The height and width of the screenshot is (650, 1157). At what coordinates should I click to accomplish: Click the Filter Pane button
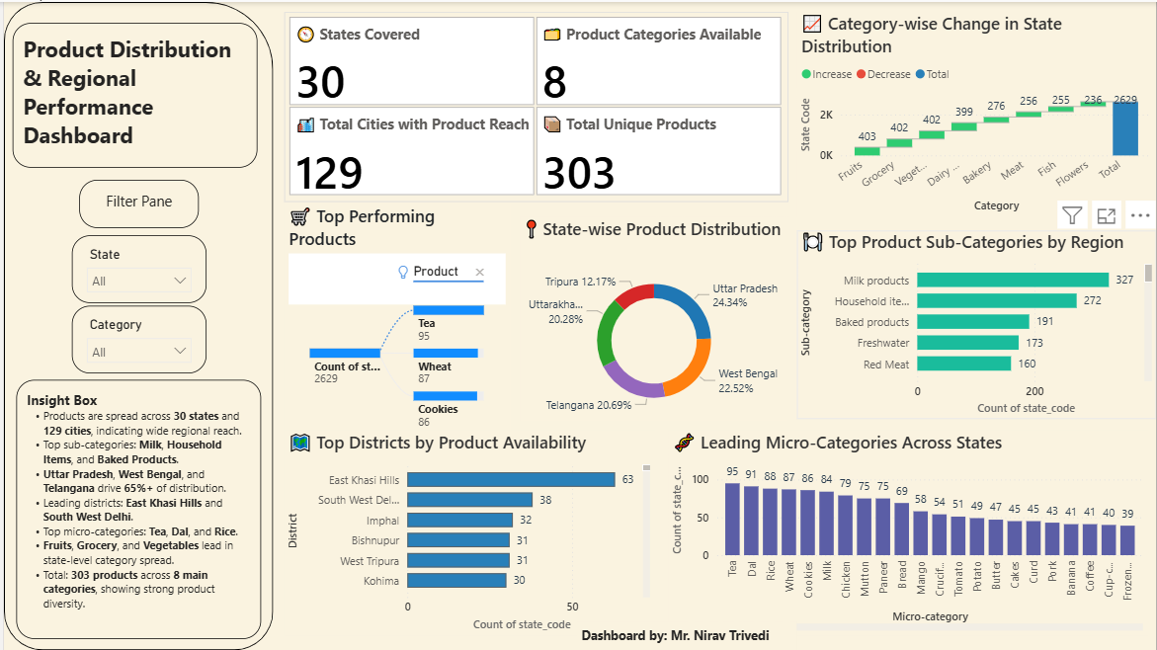coord(138,203)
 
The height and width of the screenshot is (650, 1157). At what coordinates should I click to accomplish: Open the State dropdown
coord(139,281)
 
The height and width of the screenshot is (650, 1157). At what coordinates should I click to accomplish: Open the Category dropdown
coord(139,352)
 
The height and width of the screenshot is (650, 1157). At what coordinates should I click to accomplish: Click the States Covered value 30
coord(321,82)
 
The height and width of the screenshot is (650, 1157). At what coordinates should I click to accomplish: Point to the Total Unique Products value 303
coord(579,173)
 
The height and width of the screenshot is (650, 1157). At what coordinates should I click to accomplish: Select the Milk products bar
coord(1013,281)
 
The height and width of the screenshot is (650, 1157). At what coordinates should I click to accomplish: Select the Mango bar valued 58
coord(920,532)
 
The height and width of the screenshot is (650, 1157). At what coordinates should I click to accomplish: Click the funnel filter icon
coord(1072,215)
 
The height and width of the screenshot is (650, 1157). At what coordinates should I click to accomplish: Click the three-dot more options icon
coord(1139,215)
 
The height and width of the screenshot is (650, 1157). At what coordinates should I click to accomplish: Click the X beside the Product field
coord(480,273)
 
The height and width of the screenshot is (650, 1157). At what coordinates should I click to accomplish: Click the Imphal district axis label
coord(382,521)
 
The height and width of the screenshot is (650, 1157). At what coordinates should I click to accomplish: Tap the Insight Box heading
coord(62,400)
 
